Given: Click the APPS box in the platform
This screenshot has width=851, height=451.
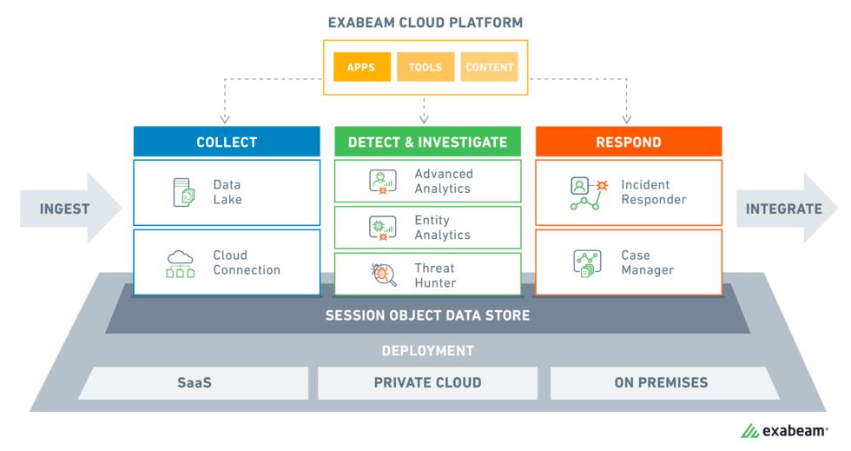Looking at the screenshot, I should click(x=360, y=67).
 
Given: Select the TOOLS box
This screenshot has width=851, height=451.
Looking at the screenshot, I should click(x=425, y=67).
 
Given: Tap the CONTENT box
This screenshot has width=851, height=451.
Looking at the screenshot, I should click(x=490, y=67).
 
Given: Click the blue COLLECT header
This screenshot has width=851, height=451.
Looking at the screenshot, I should click(x=227, y=142).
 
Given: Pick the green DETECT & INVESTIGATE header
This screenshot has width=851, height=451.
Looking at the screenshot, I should click(x=427, y=142).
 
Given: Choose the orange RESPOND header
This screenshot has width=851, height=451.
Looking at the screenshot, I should click(x=628, y=142).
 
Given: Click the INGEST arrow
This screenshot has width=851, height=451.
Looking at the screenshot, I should click(x=69, y=209).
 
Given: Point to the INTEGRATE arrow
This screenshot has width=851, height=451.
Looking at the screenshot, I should click(x=784, y=209).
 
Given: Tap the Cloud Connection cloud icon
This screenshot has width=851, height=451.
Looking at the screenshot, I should click(x=181, y=262).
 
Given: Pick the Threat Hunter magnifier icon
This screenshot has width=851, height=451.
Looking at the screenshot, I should click(x=382, y=275).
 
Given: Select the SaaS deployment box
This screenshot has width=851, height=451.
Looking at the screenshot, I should click(x=194, y=382).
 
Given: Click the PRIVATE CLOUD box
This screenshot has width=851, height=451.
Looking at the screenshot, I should click(x=427, y=382).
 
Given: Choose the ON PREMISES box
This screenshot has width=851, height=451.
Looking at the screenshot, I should click(x=661, y=382).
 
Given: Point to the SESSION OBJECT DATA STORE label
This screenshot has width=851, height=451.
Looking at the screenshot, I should click(x=427, y=315).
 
